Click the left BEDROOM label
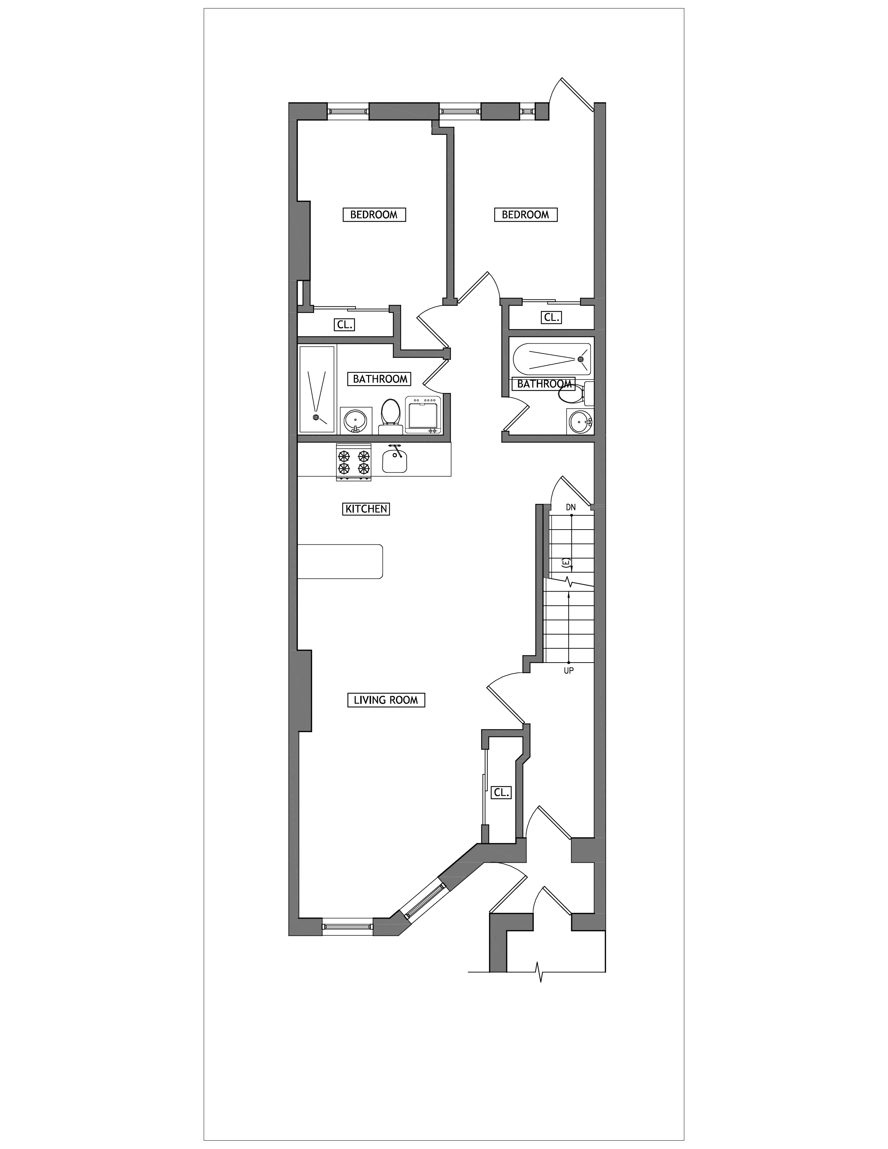click(374, 214)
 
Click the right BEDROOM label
click(525, 214)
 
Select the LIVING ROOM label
click(386, 700)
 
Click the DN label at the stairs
click(571, 507)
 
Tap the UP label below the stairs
click(569, 671)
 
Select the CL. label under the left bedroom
click(344, 325)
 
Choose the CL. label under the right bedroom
click(551, 317)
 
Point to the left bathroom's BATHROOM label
click(380, 379)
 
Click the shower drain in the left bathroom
click(316, 417)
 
